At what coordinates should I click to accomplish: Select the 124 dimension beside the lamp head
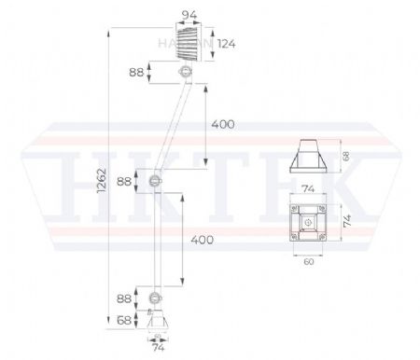226,43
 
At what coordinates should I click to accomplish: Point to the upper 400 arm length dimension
223,124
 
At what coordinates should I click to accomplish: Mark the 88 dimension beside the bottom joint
121,298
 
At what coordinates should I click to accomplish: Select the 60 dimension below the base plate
308,263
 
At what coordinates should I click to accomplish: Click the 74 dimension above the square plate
308,187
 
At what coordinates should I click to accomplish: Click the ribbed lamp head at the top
190,43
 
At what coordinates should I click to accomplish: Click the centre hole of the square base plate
308,222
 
